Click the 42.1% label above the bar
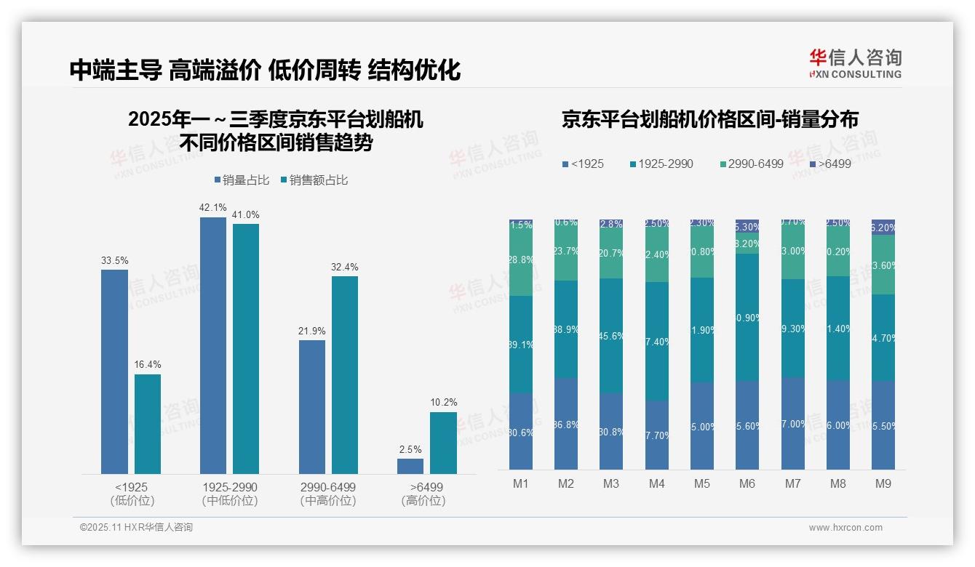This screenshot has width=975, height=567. point(212,207)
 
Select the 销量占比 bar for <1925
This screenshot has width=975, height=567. point(114,371)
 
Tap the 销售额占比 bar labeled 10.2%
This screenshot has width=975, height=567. point(443,443)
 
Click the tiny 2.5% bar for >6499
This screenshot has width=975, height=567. point(410,466)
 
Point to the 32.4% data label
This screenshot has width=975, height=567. point(344,267)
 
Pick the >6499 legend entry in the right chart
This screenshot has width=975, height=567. point(830,164)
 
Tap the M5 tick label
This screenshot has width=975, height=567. point(701,483)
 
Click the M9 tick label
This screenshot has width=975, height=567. point(883,483)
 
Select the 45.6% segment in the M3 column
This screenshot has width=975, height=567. point(611,336)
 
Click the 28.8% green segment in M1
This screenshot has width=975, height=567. point(521,260)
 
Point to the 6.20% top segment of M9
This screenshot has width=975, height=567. point(883,227)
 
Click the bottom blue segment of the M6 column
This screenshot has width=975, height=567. point(747,425)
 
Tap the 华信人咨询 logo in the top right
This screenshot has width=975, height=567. point(855,63)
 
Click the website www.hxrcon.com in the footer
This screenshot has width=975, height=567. point(845,528)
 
